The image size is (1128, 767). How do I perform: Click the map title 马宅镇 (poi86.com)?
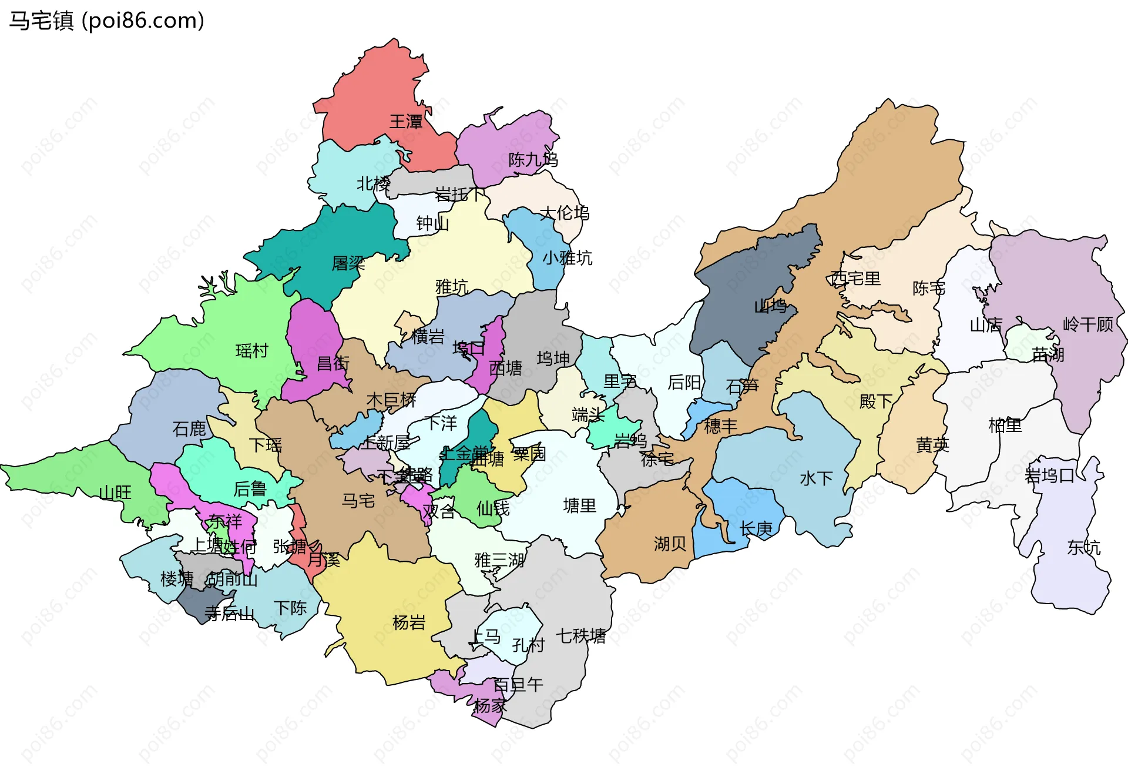[106, 21]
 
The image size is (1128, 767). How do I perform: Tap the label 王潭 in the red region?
[406, 122]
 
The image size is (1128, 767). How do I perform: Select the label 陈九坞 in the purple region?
[533, 159]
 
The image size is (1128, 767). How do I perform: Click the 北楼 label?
[374, 184]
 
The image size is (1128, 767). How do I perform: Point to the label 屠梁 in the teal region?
[348, 263]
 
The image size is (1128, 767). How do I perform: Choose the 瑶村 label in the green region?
[251, 351]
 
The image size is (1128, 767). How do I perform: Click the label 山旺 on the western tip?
[115, 493]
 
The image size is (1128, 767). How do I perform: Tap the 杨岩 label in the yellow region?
[408, 622]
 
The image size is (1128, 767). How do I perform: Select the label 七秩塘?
[580, 635]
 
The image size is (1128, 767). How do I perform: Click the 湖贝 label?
[670, 544]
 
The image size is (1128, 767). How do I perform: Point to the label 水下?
[816, 478]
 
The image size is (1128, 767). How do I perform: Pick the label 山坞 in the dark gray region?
[770, 306]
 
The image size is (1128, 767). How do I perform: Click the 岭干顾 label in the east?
[1088, 324]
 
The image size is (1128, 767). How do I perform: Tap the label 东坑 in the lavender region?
[1083, 548]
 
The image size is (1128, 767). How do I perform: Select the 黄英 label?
[932, 445]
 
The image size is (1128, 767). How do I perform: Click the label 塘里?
[579, 505]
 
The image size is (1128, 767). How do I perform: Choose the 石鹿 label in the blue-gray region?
[189, 429]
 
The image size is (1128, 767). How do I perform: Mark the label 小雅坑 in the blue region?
[567, 258]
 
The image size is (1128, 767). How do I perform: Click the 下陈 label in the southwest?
[290, 608]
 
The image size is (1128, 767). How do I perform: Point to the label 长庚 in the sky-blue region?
[756, 529]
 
